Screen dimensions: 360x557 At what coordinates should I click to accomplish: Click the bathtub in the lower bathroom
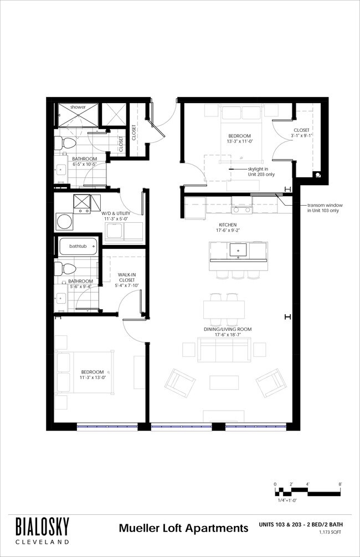[78, 246]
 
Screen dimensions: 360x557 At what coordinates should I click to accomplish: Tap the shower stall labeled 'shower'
[78, 114]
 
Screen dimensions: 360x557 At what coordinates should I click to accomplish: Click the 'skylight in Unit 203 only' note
[261, 172]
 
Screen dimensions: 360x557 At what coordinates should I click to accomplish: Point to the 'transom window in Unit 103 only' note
[325, 208]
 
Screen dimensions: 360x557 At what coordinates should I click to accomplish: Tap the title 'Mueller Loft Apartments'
[183, 528]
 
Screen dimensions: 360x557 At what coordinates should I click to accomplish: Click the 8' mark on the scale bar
[340, 484]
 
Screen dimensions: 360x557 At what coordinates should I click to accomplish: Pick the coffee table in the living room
[224, 382]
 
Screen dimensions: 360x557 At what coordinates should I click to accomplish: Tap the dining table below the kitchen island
[224, 310]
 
